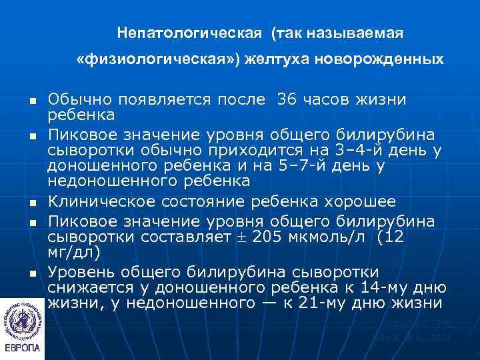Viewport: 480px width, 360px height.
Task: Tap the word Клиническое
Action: [106, 201]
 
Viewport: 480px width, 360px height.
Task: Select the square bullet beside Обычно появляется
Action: [31, 101]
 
